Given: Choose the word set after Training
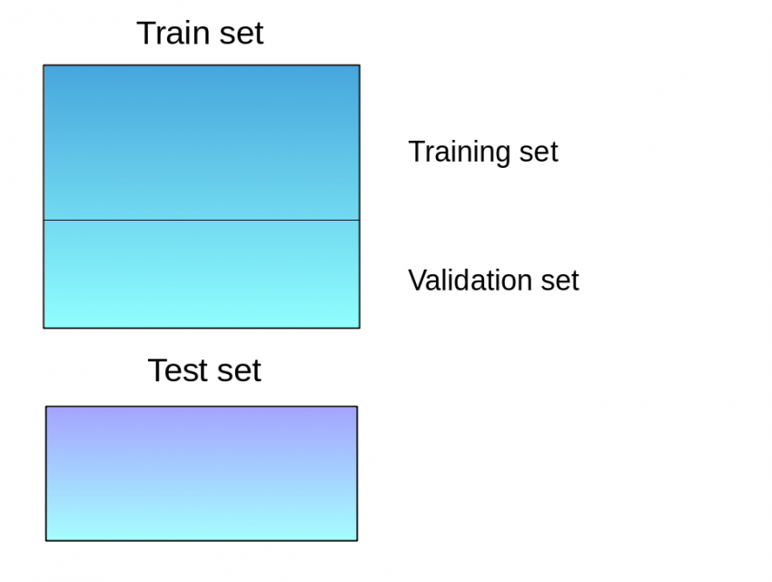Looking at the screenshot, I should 538,152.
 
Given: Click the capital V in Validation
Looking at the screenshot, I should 416,280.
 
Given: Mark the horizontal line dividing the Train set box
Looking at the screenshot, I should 201,220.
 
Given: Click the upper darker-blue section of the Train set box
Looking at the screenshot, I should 201,142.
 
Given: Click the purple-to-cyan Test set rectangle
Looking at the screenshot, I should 201,473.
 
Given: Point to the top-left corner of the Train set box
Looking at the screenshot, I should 44,65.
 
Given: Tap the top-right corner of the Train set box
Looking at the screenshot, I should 359,65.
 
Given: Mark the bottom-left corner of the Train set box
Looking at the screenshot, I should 44,327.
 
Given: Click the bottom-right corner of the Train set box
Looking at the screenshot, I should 359,327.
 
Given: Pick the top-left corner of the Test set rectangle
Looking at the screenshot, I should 46,407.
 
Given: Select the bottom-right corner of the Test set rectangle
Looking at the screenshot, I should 357,540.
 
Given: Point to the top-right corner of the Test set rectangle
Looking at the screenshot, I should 357,407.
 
